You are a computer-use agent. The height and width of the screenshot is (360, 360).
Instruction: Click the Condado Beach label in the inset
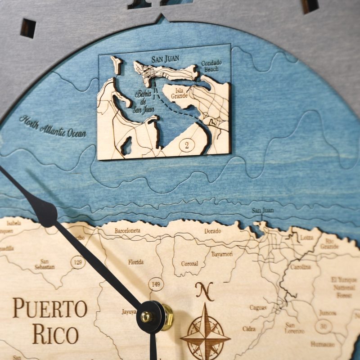(x=210, y=66)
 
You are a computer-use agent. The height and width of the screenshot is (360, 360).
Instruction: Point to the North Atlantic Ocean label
(x=53, y=126)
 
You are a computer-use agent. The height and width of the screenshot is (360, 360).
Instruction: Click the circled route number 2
(x=184, y=145)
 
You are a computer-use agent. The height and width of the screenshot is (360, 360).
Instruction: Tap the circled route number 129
(x=79, y=261)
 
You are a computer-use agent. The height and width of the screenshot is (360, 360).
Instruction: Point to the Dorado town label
(x=212, y=231)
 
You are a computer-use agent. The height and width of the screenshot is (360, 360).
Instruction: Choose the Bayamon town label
(x=222, y=254)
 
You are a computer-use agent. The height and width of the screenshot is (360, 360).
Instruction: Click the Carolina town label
(x=300, y=267)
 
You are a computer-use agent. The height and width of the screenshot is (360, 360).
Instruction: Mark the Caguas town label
(x=258, y=308)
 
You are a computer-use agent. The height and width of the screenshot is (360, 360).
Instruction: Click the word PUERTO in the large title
(x=49, y=308)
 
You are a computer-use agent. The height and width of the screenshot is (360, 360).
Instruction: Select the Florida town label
(x=135, y=261)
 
